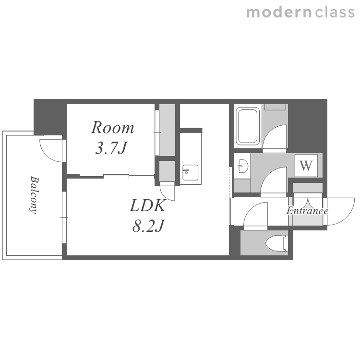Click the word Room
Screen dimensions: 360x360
point(112,127)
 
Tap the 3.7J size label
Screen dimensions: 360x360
point(111,148)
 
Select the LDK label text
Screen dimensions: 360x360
point(148,205)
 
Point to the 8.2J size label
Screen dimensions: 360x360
point(149,226)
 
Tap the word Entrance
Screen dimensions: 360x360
point(307,211)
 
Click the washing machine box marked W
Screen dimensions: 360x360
point(306,165)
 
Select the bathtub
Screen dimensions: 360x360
point(248,126)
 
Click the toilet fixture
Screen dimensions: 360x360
point(276,243)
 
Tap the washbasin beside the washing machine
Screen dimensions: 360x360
point(243,166)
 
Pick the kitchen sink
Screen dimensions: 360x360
point(191,172)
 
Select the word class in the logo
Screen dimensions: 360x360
point(335,12)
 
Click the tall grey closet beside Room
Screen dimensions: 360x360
point(168,130)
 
